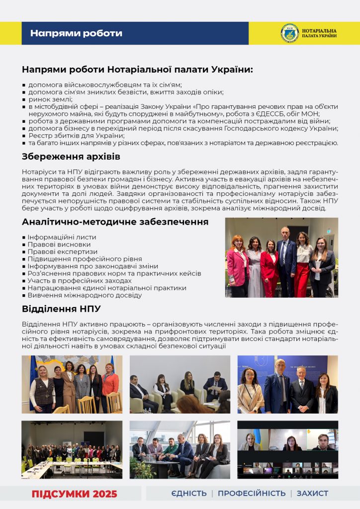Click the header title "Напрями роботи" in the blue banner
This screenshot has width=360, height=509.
tap(76, 33)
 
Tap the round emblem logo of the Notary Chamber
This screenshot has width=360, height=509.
tap(289, 33)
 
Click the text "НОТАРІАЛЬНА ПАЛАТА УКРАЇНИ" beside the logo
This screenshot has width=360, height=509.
tap(319, 33)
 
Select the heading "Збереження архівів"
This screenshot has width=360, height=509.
tap(71, 157)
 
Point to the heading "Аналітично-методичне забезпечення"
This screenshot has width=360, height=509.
tap(115, 222)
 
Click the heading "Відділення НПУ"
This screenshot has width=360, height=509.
tap(61, 309)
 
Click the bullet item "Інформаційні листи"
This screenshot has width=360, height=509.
tap(62, 237)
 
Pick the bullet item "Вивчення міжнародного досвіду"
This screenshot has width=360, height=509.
tap(85, 295)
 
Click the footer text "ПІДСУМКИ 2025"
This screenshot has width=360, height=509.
tap(75, 494)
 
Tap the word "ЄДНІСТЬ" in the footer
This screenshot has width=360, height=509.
tap(188, 493)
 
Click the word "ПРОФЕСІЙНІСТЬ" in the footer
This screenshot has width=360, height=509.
tap(252, 493)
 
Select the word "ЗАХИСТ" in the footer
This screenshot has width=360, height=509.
tap(312, 493)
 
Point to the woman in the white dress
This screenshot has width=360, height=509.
tap(254, 263)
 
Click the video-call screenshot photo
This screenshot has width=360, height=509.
tap(287, 449)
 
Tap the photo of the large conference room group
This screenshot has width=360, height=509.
tap(72, 449)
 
